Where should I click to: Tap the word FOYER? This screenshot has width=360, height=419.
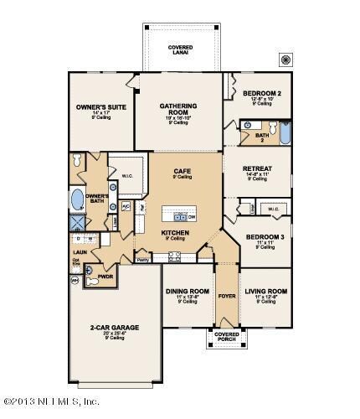225,295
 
